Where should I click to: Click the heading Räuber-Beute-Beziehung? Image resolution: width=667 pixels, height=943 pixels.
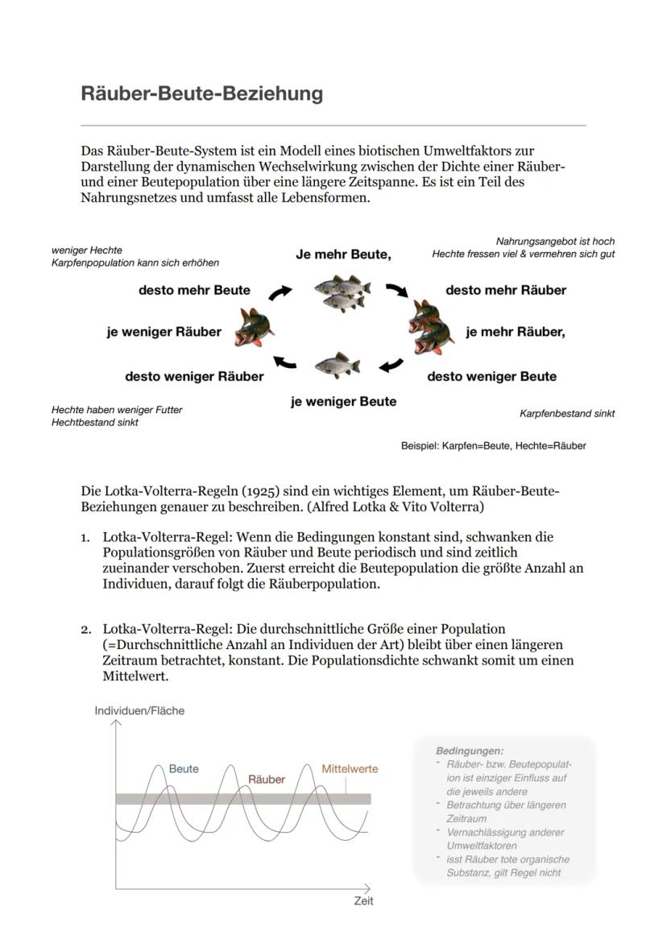(201, 93)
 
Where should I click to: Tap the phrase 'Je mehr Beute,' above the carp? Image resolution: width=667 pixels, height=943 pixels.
(343, 254)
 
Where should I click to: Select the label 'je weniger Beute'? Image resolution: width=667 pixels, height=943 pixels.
(343, 401)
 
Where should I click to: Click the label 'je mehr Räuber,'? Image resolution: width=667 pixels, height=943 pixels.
(516, 331)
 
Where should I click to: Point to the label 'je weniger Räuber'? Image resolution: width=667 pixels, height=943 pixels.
(164, 331)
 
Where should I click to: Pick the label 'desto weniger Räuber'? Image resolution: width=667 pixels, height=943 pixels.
(194, 376)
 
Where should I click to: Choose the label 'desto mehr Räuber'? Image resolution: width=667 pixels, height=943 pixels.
(506, 290)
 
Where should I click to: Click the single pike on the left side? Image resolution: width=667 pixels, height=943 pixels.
(253, 329)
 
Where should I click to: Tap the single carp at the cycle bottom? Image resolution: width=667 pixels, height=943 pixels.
(337, 366)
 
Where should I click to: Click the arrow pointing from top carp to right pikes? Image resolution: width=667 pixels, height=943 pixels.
(396, 291)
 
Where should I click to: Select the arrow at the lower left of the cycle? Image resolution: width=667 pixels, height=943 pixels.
(284, 362)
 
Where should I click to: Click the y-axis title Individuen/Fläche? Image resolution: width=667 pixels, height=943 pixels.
(139, 710)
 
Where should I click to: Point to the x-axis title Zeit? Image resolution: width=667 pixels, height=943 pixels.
(363, 901)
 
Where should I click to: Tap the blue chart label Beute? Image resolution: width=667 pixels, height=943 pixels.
(184, 768)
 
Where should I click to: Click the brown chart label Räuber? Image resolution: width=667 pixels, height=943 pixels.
(266, 780)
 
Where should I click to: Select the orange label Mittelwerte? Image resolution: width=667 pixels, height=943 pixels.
(350, 768)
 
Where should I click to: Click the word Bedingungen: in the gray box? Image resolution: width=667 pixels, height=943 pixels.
(470, 750)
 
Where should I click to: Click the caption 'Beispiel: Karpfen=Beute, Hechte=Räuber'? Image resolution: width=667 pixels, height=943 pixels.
(493, 445)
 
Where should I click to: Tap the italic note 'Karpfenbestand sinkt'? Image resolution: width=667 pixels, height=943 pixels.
(566, 414)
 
